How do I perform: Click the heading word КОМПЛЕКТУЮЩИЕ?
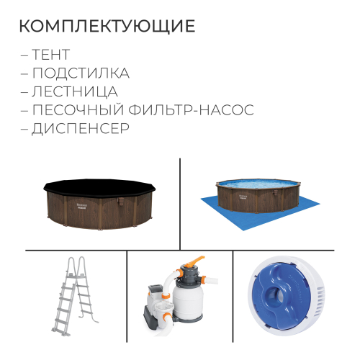(107, 27)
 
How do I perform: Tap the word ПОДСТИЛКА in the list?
(81, 73)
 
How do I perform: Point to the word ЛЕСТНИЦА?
(75, 92)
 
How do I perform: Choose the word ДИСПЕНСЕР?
(81, 130)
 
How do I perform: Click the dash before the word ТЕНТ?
(26, 55)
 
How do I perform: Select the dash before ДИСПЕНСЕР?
(26, 130)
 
